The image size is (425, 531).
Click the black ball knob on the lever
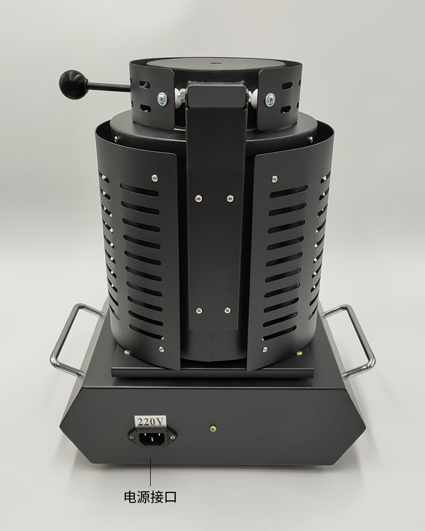71,82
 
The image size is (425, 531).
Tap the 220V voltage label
150,422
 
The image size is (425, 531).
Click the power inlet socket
152,439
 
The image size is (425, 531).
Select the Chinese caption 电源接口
150,497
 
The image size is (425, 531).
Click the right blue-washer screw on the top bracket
270,99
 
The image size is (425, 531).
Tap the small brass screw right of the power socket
213,428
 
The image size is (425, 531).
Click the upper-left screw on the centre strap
198,199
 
